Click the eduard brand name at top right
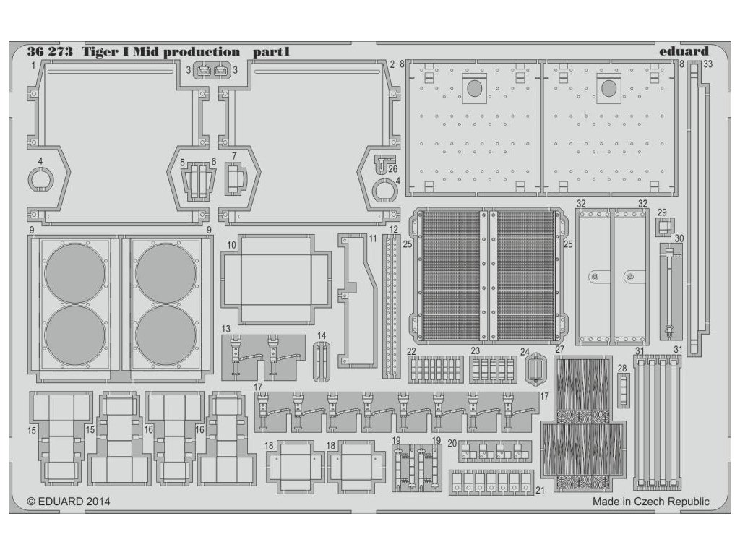coord(684,51)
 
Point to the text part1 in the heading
coord(271,52)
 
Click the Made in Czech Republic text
coord(650,502)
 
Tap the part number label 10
coord(231,246)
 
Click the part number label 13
coord(226,329)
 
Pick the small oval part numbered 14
coord(322,358)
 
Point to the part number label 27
coord(559,350)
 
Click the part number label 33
coord(708,64)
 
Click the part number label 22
coord(410,350)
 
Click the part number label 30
coord(678,238)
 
